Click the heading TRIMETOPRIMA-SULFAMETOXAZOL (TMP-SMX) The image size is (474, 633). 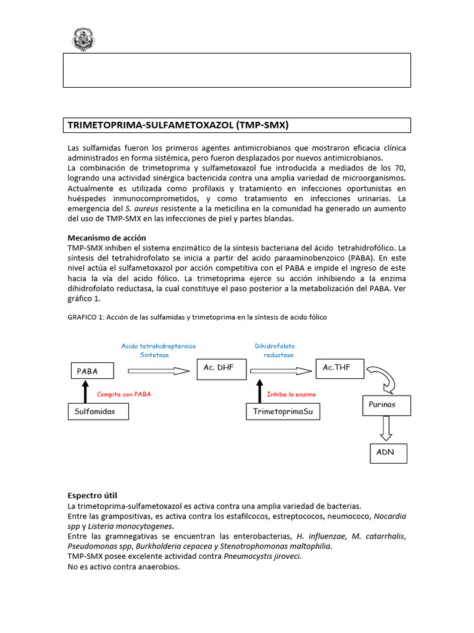178,125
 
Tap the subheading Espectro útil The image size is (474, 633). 92,496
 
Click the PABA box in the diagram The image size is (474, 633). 91,372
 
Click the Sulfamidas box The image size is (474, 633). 98,411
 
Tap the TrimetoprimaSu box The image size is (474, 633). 283,411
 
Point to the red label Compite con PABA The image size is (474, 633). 124,394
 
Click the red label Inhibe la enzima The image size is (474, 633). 291,394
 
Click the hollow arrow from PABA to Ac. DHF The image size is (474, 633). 159,371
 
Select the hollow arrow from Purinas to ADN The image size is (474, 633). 387,428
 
